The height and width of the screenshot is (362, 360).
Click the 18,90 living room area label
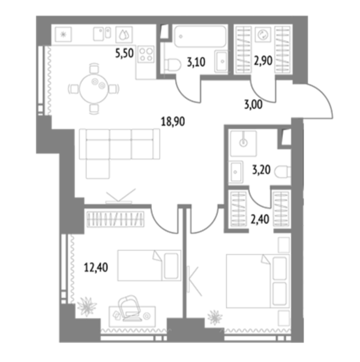tap(173, 122)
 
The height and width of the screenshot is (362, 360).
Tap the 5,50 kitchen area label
tap(125, 53)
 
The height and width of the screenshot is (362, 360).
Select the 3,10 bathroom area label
tap(196, 63)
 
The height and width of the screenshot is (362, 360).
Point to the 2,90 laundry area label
tap(263, 61)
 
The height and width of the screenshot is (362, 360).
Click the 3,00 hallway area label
tap(253, 104)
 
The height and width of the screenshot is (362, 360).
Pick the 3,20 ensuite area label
tap(261, 170)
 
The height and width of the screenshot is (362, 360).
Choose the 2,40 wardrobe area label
tap(260, 219)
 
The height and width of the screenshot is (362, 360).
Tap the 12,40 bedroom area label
tap(96, 267)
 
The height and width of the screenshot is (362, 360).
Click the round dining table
tap(94, 88)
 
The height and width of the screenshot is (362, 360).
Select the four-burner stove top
tap(146, 54)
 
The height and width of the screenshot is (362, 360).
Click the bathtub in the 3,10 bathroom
tap(200, 36)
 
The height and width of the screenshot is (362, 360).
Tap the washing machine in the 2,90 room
tap(263, 35)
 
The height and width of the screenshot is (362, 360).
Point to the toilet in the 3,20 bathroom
tap(282, 172)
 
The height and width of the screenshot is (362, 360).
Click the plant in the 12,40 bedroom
tap(87, 307)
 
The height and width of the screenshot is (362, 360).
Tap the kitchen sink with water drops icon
tap(124, 35)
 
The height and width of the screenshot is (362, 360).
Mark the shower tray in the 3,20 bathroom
tap(244, 143)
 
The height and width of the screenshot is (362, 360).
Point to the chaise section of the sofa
tap(98, 169)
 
